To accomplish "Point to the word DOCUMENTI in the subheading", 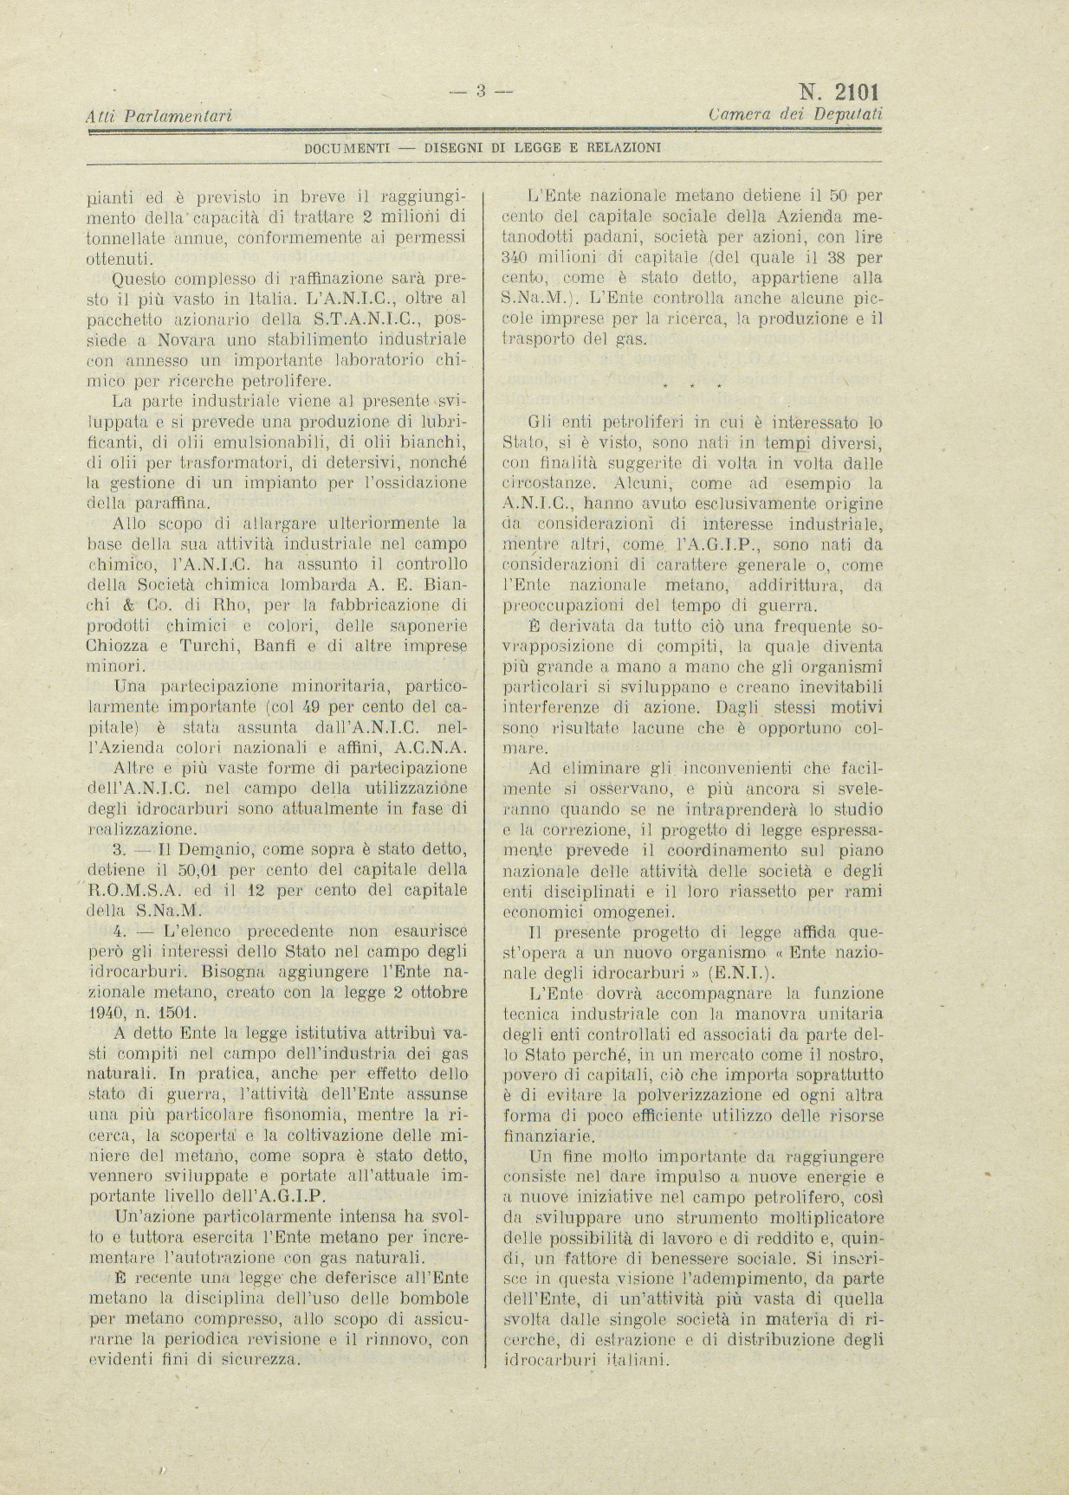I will pyautogui.click(x=345, y=147).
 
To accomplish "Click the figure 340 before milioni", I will pyautogui.click(x=517, y=257).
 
